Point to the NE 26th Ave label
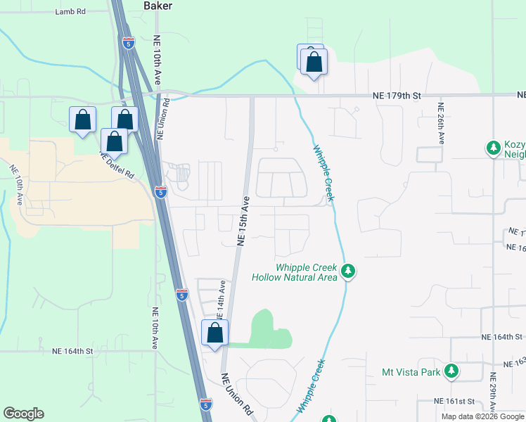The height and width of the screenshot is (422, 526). point(442,124)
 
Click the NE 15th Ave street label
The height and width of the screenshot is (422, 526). point(244,220)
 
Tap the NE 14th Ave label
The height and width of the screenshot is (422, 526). point(222,297)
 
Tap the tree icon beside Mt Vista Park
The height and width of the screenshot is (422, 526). point(452,371)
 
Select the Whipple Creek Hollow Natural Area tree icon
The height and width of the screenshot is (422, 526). point(347,271)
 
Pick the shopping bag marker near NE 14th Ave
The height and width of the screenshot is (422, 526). point(215,333)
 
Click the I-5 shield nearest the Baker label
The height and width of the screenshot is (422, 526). point(127,44)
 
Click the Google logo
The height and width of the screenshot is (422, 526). point(23,414)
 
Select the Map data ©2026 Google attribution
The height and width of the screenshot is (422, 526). point(482,416)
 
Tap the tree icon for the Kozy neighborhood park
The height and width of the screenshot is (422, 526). point(494,148)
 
